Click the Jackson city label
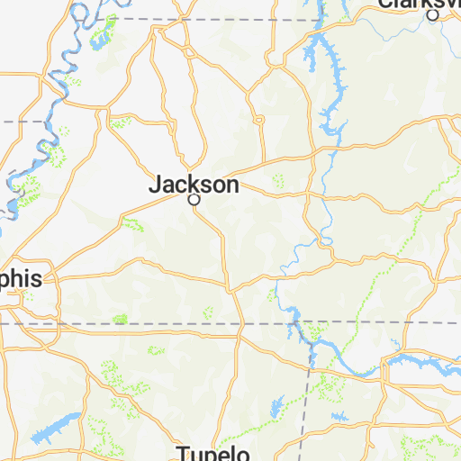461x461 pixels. (x=194, y=185)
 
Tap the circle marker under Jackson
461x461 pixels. (x=193, y=201)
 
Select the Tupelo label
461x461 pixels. (x=212, y=451)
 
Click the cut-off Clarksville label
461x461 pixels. (x=420, y=4)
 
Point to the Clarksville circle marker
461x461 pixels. (x=433, y=15)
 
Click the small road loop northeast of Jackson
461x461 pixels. (x=258, y=118)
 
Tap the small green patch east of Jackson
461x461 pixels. (x=278, y=180)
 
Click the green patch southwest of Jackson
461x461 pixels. (x=132, y=224)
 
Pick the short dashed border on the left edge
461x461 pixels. (x=22, y=120)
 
